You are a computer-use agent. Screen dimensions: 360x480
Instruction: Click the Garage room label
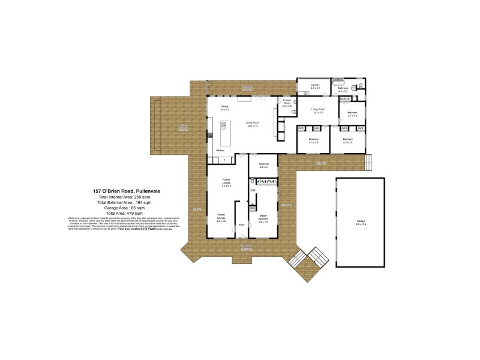coord(361,223)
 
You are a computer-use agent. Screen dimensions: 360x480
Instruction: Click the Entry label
coord(241,224)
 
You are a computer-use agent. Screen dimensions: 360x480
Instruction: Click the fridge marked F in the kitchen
coord(224,160)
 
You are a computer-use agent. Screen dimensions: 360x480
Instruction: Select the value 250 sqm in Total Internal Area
coord(157,197)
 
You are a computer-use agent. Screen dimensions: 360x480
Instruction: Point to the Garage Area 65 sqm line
coord(130,208)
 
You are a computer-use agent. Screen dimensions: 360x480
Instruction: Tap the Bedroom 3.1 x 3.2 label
coord(353,113)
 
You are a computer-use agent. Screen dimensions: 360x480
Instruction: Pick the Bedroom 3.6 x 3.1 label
coord(264,166)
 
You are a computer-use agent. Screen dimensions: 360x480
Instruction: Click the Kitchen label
coord(220,150)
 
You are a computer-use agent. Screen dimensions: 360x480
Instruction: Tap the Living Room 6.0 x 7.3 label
coord(253,124)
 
